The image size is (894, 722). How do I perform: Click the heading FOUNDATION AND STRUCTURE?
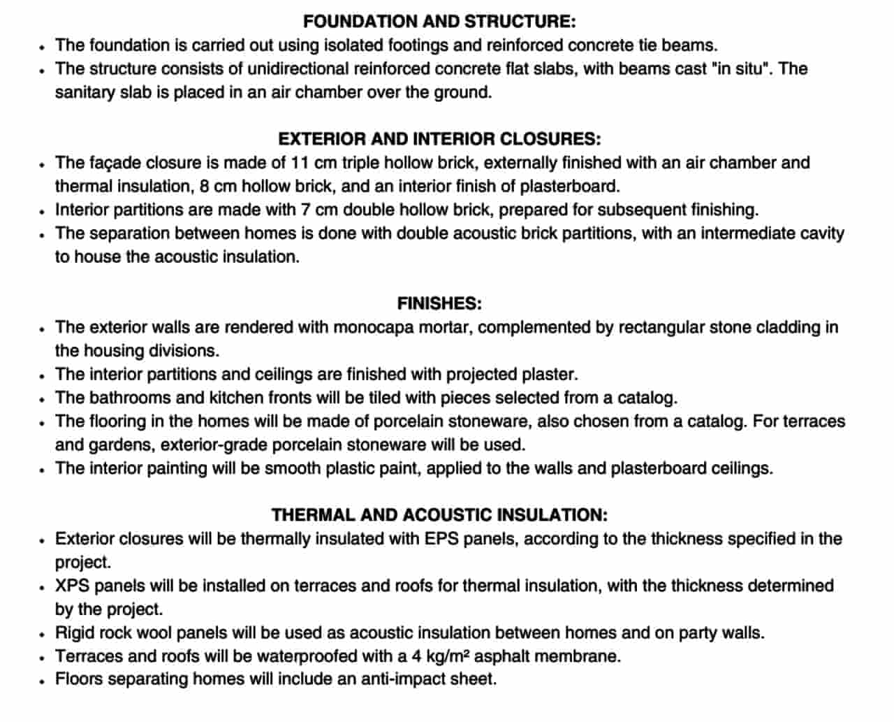pyautogui.click(x=439, y=22)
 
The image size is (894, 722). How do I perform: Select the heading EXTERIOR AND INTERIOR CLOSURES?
pyautogui.click(x=439, y=139)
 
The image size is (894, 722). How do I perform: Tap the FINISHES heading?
pyautogui.click(x=439, y=303)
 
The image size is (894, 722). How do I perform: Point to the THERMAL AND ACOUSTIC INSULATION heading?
pyautogui.click(x=439, y=515)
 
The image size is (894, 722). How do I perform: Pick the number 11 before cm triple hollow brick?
pyautogui.click(x=300, y=163)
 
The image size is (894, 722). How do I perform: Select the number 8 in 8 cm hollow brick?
pyautogui.click(x=203, y=187)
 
